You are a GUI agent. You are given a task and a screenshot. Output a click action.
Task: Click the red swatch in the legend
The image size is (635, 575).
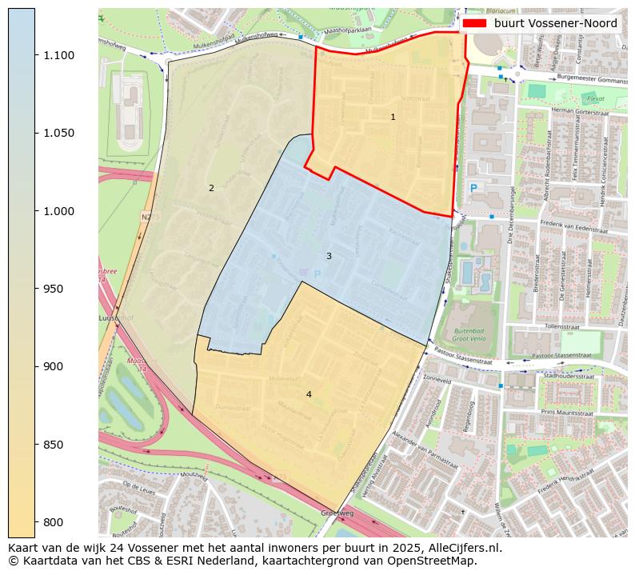[475, 24]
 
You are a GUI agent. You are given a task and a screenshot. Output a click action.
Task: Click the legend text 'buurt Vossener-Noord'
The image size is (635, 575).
[555, 24]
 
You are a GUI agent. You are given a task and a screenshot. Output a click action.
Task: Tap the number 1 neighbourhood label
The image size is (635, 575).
[393, 118]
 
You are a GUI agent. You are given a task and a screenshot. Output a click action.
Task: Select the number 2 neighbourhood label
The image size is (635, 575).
[211, 189]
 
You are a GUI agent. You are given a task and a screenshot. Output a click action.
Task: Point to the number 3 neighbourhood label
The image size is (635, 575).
[329, 256]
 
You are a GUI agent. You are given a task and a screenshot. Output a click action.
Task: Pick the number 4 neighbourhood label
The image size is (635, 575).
[309, 394]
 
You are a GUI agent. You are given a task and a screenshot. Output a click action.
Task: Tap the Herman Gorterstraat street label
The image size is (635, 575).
[585, 111]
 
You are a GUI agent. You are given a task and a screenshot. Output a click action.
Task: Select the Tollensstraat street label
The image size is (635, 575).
[561, 326]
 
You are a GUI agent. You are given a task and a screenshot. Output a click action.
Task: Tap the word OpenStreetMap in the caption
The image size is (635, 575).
[432, 561]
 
